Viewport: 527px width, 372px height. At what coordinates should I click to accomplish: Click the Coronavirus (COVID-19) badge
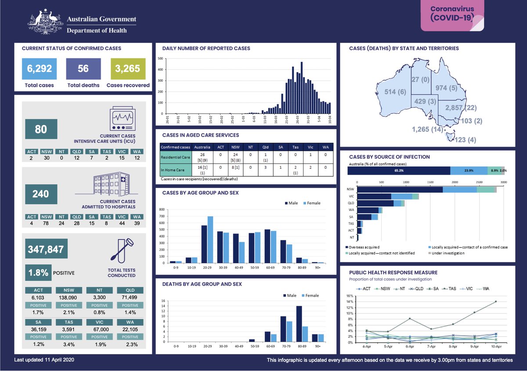click(x=452, y=16)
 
